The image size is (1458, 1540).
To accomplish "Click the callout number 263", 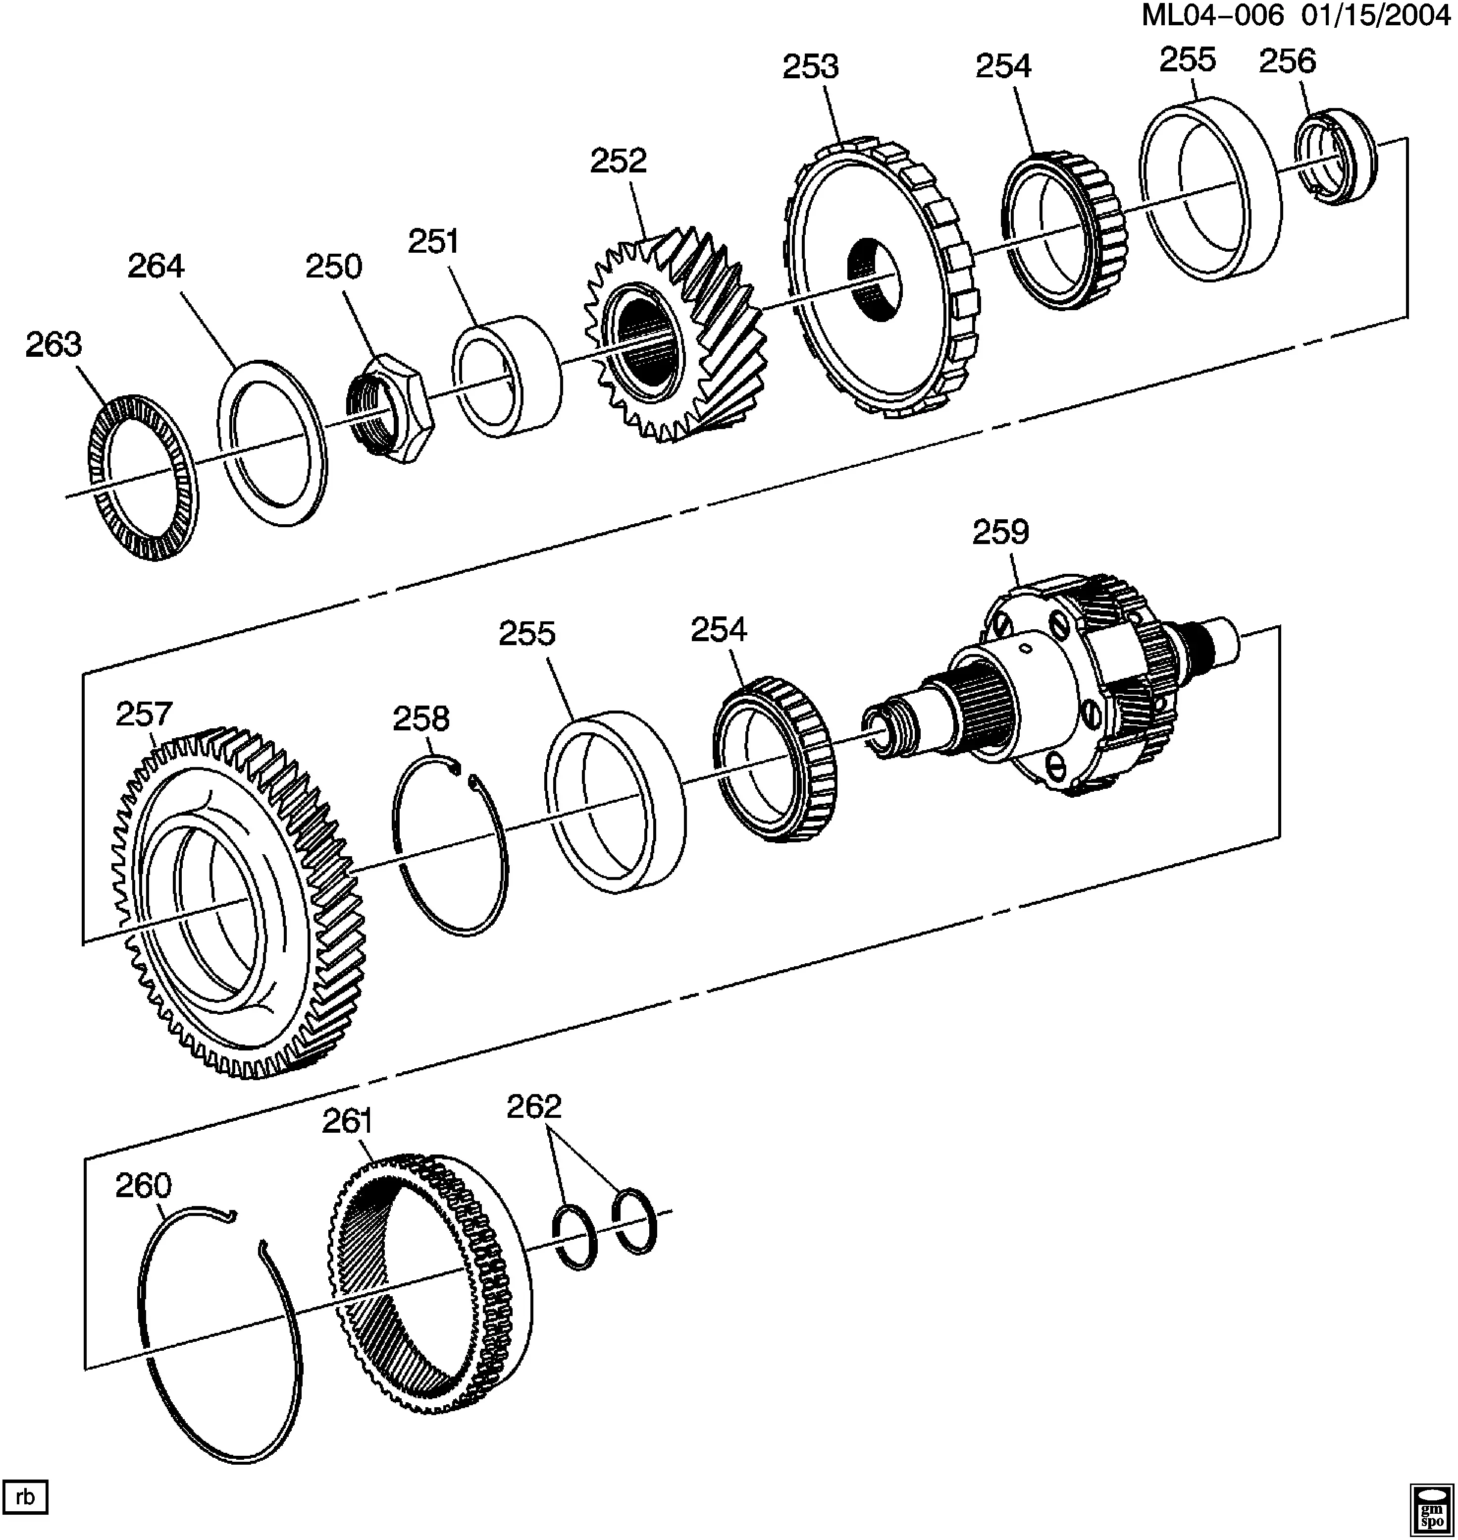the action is click(53, 344).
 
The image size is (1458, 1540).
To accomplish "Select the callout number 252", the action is click(618, 161).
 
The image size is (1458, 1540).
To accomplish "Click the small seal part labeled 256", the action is click(1334, 157).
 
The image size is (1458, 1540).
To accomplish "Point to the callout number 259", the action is click(1000, 533).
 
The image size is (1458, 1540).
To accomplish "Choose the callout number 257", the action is click(144, 714).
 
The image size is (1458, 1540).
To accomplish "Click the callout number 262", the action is click(534, 1105).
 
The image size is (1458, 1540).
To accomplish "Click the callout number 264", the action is click(156, 267).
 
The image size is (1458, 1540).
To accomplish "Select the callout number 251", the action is click(434, 242).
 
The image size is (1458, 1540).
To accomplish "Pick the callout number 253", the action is click(811, 67).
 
